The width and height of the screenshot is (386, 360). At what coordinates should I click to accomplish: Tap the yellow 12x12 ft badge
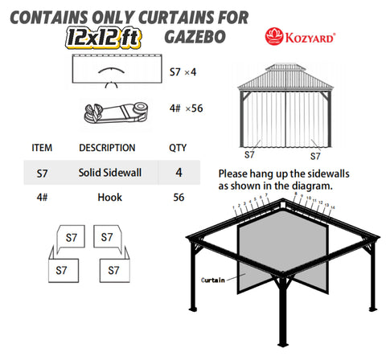pos(116,36)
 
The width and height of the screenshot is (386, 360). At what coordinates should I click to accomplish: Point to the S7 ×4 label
pos(183,72)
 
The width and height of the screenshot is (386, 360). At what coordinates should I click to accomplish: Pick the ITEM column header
pos(41,148)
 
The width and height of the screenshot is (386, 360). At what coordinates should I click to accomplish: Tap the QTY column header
pos(177,148)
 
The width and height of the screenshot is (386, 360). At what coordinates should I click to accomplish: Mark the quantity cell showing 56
pos(177,196)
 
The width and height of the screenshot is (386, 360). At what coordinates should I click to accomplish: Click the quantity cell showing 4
pos(177,172)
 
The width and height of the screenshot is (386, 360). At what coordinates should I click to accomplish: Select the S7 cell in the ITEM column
pos(43,172)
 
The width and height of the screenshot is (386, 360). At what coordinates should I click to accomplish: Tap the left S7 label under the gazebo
pos(249,156)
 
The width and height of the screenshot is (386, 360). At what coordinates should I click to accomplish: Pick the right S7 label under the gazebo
pos(315,156)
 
